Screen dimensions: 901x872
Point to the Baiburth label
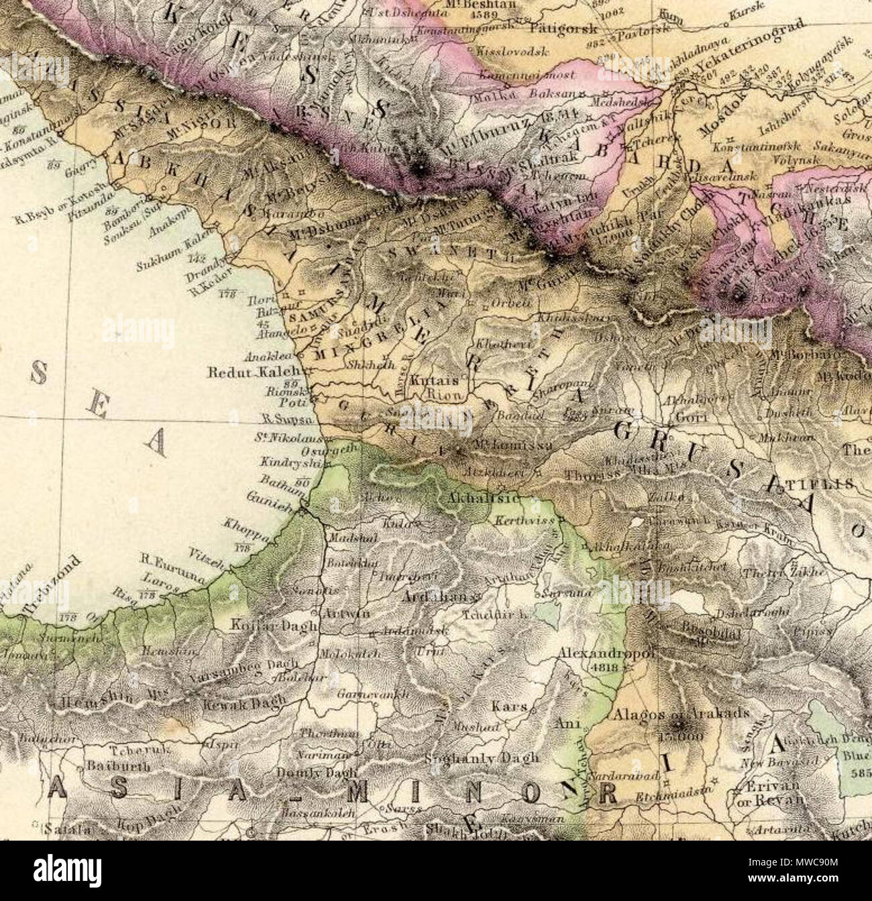116,765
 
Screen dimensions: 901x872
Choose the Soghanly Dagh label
482,758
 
